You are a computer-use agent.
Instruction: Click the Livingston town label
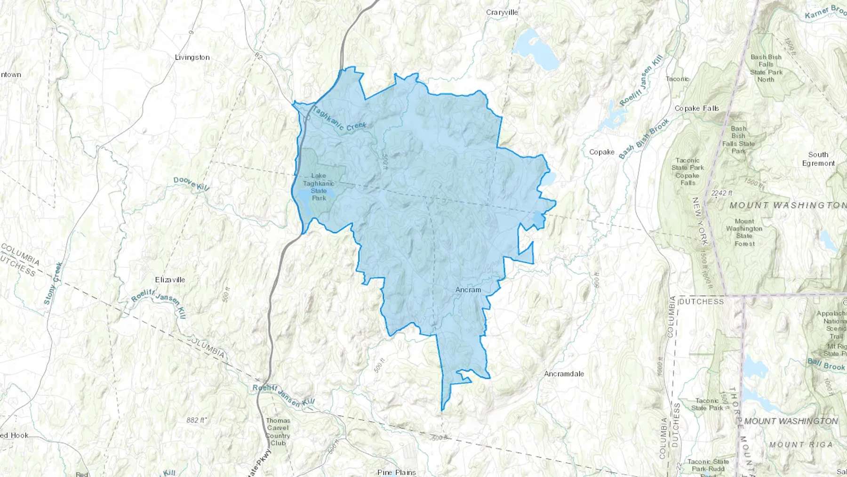pyautogui.click(x=192, y=57)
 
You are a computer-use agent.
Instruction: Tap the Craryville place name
pyautogui.click(x=502, y=12)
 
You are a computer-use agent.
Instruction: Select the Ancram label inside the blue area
pyautogui.click(x=468, y=290)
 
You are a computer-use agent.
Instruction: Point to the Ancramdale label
pyautogui.click(x=564, y=374)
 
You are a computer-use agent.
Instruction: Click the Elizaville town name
pyautogui.click(x=170, y=280)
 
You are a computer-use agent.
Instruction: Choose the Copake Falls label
pyautogui.click(x=696, y=108)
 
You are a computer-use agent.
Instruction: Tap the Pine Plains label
pyautogui.click(x=397, y=472)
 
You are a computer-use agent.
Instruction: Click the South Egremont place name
pyautogui.click(x=818, y=159)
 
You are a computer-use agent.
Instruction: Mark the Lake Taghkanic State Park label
pyautogui.click(x=319, y=187)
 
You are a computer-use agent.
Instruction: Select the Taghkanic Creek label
pyautogui.click(x=339, y=119)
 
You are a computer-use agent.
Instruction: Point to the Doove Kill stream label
pyautogui.click(x=191, y=184)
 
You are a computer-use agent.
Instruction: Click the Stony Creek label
pyautogui.click(x=53, y=283)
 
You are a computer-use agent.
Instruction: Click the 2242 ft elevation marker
pyautogui.click(x=722, y=193)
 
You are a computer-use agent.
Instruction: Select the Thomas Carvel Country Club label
pyautogui.click(x=278, y=431)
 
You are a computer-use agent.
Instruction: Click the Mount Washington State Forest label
pyautogui.click(x=744, y=232)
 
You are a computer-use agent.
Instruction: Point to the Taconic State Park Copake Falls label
pyautogui.click(x=687, y=171)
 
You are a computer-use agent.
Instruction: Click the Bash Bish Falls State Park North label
pyautogui.click(x=766, y=68)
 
